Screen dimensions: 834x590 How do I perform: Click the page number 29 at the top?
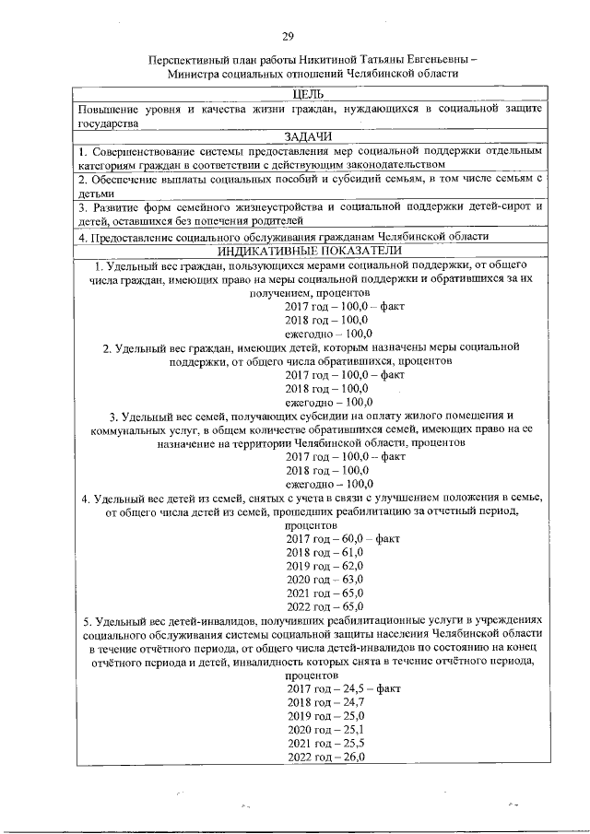pyautogui.click(x=288, y=36)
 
